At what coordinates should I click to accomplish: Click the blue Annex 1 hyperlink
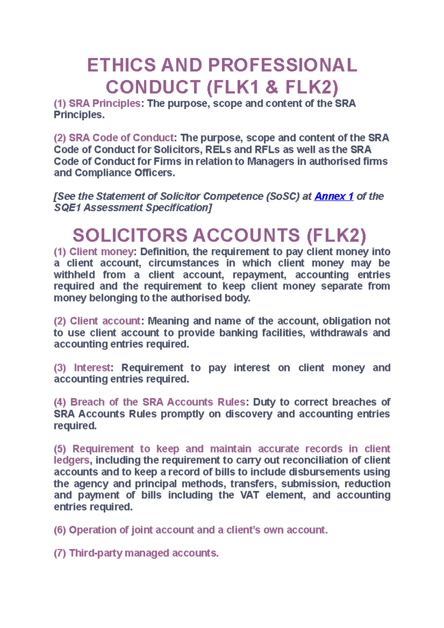click(x=334, y=196)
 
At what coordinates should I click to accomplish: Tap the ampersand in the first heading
click(x=272, y=88)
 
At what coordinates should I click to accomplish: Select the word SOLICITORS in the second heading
click(x=130, y=236)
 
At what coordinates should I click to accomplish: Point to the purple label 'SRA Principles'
click(x=104, y=104)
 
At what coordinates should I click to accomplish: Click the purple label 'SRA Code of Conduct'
click(x=121, y=138)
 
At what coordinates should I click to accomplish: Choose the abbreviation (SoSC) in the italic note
click(x=282, y=196)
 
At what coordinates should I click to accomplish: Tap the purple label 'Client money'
click(x=101, y=251)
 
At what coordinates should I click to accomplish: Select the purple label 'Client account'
click(x=105, y=321)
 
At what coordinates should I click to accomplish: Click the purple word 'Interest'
click(x=92, y=368)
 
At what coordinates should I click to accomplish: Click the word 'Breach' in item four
click(x=87, y=402)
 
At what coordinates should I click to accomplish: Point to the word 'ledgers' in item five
click(x=71, y=460)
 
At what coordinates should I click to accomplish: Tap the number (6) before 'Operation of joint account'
click(x=60, y=530)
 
